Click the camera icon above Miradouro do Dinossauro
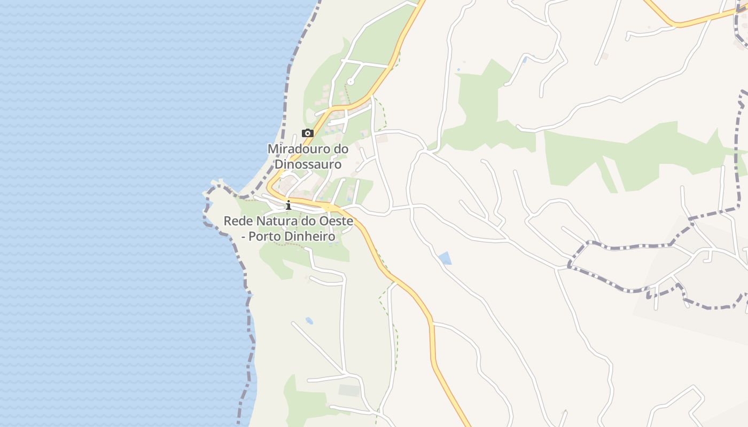point(307,133)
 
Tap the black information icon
point(289,205)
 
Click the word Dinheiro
point(313,236)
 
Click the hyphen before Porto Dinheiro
point(245,236)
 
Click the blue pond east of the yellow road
point(445,259)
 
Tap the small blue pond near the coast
point(309,321)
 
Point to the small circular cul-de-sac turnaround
point(350,82)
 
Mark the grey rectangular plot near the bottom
point(349,390)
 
